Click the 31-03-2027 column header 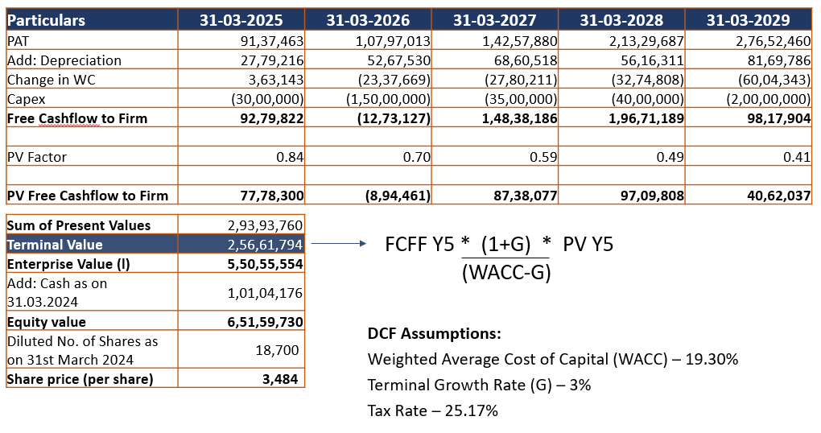click(494, 20)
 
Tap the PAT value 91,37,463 click(271, 40)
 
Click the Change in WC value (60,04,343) click(774, 80)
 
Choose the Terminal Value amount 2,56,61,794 click(265, 245)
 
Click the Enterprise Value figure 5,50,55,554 click(265, 264)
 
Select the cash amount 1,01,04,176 click(265, 293)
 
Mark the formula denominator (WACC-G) click(506, 272)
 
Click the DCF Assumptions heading click(435, 333)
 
